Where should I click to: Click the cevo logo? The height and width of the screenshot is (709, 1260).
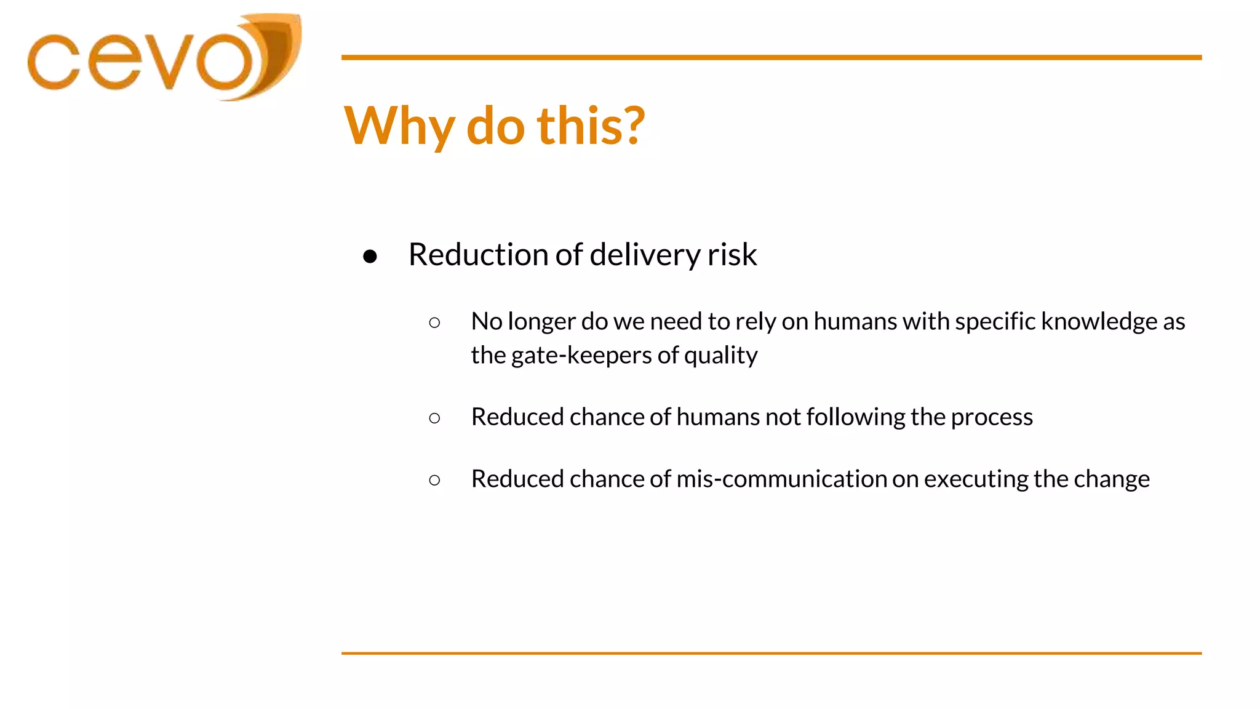pyautogui.click(x=163, y=58)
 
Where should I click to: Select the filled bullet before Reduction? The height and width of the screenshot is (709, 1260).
pyautogui.click(x=370, y=256)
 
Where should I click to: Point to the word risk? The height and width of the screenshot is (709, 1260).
pyautogui.click(x=732, y=255)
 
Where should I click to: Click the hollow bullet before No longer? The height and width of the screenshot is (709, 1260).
pyautogui.click(x=434, y=322)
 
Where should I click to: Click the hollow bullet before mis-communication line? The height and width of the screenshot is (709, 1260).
pyautogui.click(x=434, y=480)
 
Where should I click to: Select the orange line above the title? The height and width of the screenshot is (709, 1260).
pyautogui.click(x=772, y=57)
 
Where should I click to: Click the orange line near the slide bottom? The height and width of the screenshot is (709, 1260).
pyautogui.click(x=772, y=653)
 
